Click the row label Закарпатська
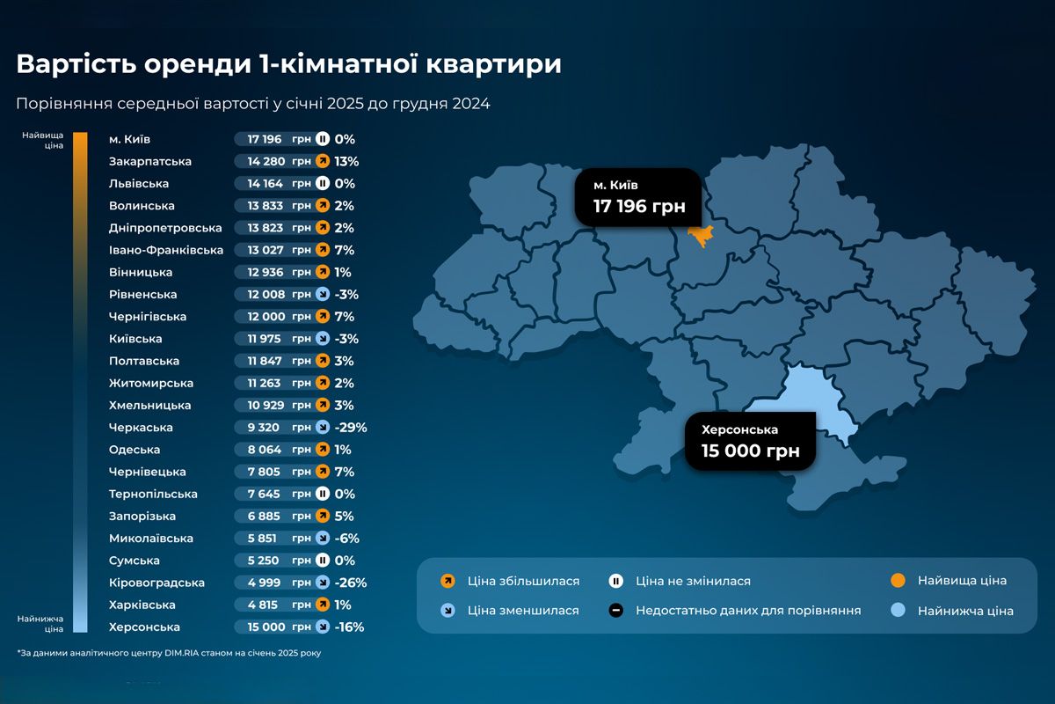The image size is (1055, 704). point(150,162)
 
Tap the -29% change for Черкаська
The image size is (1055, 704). point(351,428)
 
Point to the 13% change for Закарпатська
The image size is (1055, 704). point(346,162)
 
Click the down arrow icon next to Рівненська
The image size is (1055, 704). point(323,295)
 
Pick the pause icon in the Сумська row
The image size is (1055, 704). point(323,561)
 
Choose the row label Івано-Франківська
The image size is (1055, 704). point(166,250)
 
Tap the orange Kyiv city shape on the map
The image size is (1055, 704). point(701,236)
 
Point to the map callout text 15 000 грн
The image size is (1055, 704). point(750,451)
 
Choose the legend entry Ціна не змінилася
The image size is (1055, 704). point(693,581)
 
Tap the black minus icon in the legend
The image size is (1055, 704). point(616,611)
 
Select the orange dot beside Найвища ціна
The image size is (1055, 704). point(898,581)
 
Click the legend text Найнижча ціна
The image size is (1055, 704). point(965,611)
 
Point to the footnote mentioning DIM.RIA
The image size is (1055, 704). point(175,653)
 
